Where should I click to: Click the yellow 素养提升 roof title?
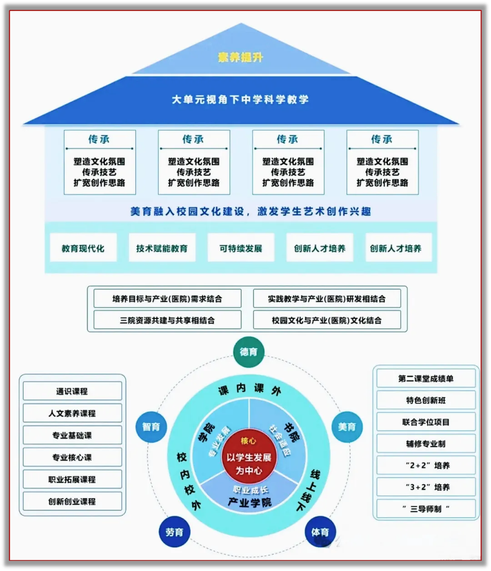coord(240,57)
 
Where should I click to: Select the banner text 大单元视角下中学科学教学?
coord(240,100)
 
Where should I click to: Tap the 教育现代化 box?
coord(83,248)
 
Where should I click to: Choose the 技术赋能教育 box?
coord(162,248)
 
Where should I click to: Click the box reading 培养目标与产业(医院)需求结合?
coord(167,299)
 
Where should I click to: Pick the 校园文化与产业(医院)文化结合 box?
coord(327,320)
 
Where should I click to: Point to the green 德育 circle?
coord(248,351)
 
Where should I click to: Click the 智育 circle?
coord(151,426)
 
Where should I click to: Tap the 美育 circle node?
coord(347,426)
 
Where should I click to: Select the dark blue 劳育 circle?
coord(174,532)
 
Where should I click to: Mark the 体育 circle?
coord(320,532)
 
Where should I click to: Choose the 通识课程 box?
coord(72,391)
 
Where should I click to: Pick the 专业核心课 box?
coord(72,457)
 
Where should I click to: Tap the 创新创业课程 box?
coord(72,501)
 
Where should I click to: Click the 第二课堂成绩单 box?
coord(426,378)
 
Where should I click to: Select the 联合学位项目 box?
coord(426,422)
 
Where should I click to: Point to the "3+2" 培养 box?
coord(426,487)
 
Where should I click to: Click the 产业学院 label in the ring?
coord(250,502)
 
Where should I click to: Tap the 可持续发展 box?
coord(241,248)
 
